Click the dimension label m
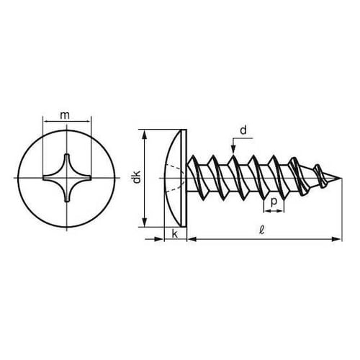[x=65, y=115]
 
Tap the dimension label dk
[x=137, y=177]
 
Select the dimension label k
[x=175, y=234]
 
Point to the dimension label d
[x=243, y=130]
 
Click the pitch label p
[x=274, y=202]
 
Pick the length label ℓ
[x=262, y=230]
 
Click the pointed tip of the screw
[x=341, y=178]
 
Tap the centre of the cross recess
[x=67, y=178]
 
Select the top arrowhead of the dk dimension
[x=145, y=135]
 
